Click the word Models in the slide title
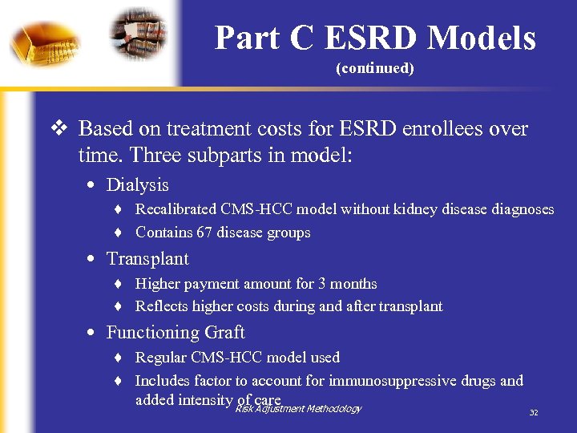[481, 38]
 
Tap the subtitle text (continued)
[374, 69]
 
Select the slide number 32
[533, 413]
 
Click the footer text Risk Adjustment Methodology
[298, 409]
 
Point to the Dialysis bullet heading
[137, 185]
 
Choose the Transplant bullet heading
[147, 259]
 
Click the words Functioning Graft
[176, 333]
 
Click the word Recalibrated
[176, 210]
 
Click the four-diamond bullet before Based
[58, 129]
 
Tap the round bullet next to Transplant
[92, 260]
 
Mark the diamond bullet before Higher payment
[119, 285]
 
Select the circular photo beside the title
[139, 34]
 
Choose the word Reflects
[159, 306]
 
